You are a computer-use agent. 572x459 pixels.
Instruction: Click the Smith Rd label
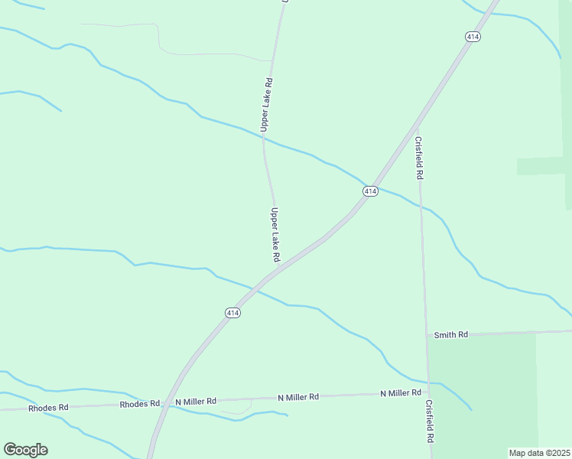click(x=450, y=335)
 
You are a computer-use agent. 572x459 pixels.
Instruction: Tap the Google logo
click(x=25, y=449)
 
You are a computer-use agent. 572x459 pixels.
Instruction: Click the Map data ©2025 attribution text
click(x=538, y=452)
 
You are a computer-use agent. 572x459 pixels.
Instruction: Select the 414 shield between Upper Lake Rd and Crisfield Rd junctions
click(x=370, y=190)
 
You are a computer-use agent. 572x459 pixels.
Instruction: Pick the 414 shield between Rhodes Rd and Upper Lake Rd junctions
click(x=233, y=313)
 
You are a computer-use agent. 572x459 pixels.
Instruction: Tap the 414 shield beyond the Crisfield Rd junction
click(x=473, y=37)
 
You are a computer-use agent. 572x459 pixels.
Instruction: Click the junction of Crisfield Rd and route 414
click(x=418, y=122)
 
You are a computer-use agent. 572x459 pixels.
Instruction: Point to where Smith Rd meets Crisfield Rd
click(x=427, y=335)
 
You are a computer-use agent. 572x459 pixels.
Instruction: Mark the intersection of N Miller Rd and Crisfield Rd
click(x=429, y=393)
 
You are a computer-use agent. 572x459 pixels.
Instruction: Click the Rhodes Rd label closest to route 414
click(x=140, y=403)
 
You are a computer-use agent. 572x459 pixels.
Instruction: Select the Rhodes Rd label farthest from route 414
click(x=48, y=408)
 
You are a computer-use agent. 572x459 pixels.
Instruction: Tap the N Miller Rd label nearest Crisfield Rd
click(x=401, y=393)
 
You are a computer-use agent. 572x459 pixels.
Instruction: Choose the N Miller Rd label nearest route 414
click(x=196, y=401)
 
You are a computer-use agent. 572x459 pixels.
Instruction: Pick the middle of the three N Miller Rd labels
click(x=297, y=397)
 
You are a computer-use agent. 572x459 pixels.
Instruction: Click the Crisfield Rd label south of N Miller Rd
click(x=430, y=422)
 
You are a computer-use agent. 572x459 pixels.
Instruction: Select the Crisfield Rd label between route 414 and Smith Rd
click(x=419, y=158)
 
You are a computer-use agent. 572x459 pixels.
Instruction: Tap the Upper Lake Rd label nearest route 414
click(x=275, y=234)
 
